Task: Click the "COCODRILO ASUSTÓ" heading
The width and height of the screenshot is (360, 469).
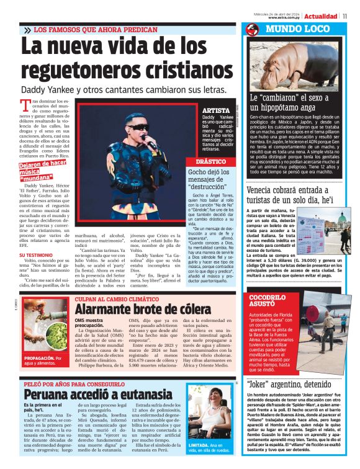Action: click(x=266, y=301)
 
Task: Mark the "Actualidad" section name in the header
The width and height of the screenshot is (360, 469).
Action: click(x=320, y=16)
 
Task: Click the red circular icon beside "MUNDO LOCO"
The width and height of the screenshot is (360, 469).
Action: click(x=251, y=29)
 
